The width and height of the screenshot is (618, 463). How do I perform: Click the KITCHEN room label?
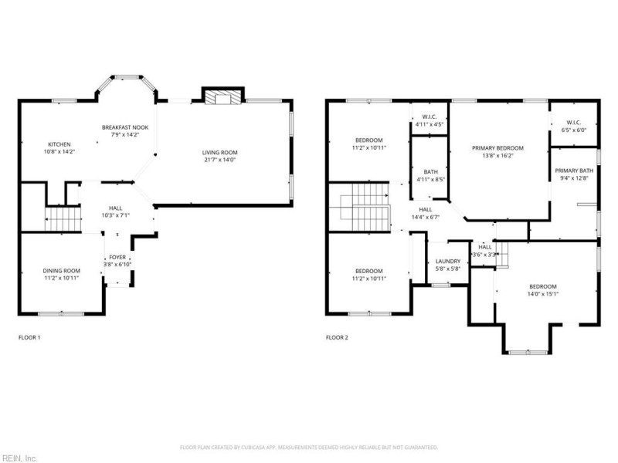point(60,144)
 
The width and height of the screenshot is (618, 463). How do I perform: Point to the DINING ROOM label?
point(61,270)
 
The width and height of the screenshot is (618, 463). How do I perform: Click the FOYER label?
point(117,257)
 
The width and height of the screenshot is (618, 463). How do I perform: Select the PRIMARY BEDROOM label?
point(498,147)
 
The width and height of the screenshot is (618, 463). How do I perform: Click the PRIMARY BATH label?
point(574,171)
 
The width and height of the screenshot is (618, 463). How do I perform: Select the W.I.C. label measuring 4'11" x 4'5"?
point(430,117)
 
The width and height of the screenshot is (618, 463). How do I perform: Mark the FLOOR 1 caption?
point(29,337)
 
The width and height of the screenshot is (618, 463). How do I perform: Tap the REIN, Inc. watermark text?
point(20,458)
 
